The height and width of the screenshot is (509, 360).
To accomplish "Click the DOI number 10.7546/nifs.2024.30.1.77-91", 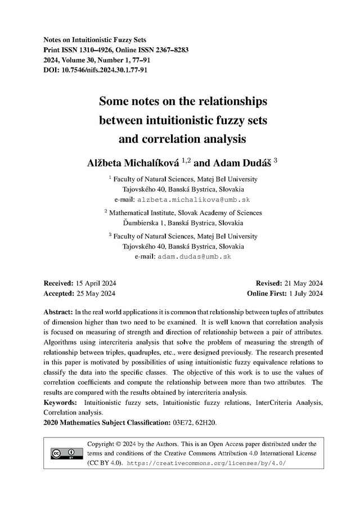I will [103, 70].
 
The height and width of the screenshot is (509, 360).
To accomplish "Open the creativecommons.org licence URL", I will [207, 463].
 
